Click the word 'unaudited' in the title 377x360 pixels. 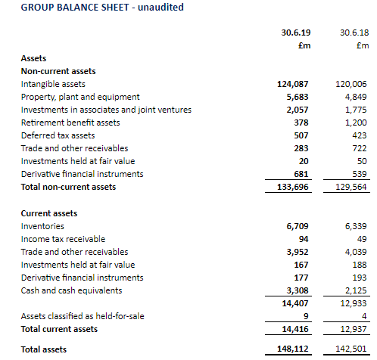(160, 7)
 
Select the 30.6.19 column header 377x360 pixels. (296, 33)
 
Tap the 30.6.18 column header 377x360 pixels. (354, 33)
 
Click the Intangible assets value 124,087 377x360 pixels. (293, 84)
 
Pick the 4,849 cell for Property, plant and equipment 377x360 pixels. (356, 97)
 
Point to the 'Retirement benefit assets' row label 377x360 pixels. (70, 123)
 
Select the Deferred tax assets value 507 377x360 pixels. (301, 135)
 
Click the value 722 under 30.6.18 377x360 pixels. (360, 148)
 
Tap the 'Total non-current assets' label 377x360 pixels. (68, 187)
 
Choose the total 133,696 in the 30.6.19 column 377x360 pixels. (293, 187)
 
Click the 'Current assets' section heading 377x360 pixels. (49, 213)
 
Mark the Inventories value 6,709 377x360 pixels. (298, 226)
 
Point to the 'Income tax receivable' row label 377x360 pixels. (63, 239)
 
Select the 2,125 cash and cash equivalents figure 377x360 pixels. (356, 290)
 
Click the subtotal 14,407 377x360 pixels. (295, 303)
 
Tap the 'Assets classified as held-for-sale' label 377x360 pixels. (83, 316)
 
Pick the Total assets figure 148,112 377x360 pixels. (293, 349)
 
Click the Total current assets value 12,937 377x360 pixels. (354, 329)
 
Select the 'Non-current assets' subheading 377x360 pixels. (58, 71)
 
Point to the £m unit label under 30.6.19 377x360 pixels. (304, 45)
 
